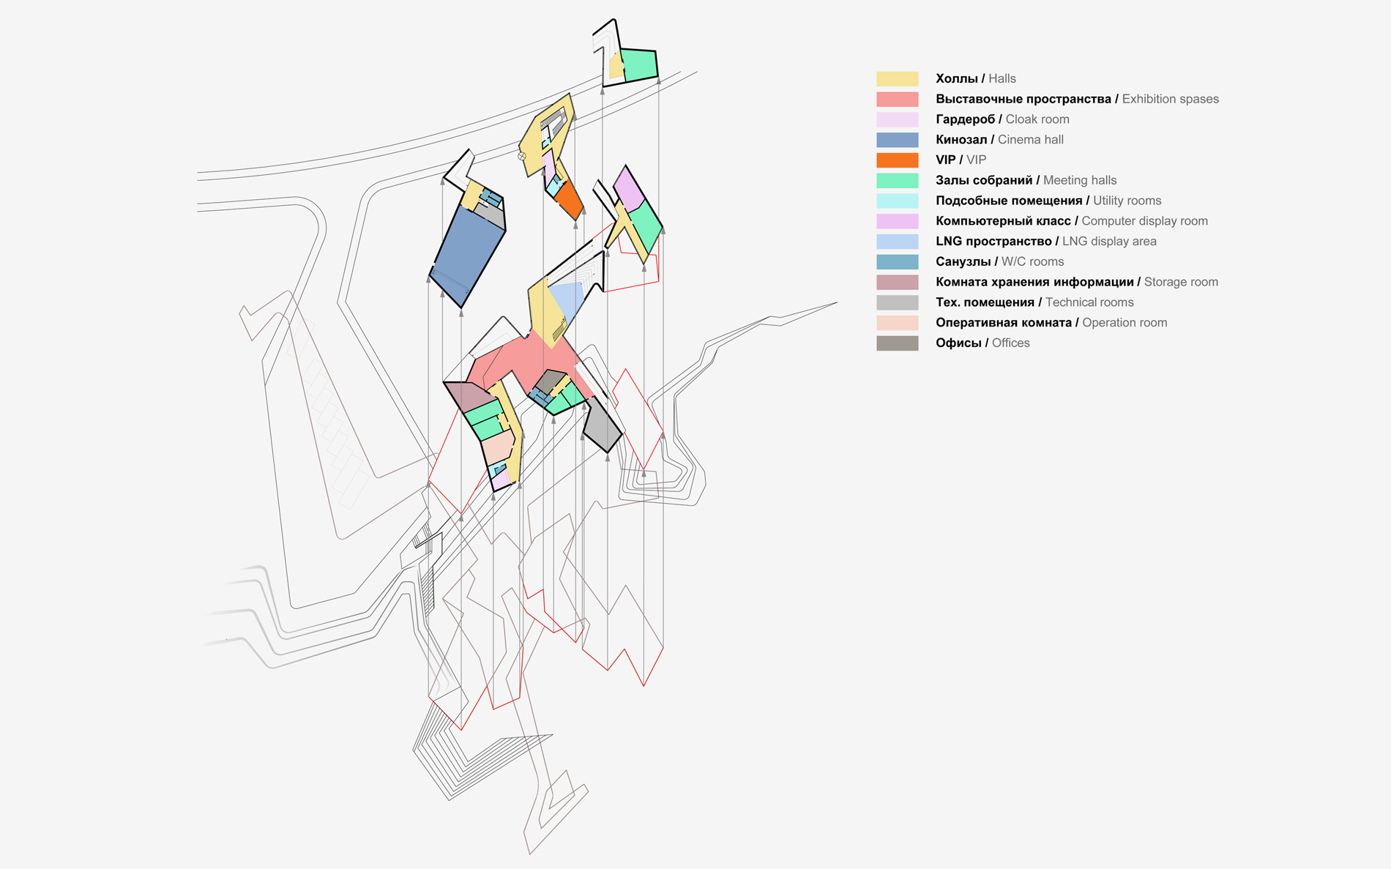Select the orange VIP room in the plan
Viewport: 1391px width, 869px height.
coord(569,199)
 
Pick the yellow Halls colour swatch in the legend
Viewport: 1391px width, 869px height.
coord(897,79)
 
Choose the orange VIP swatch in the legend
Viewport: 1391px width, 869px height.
coord(897,160)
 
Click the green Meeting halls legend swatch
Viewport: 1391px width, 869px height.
coord(897,180)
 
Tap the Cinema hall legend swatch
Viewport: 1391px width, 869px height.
coord(897,140)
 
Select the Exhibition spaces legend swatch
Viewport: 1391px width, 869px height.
coord(897,99)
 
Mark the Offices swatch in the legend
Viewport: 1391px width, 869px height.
coord(897,343)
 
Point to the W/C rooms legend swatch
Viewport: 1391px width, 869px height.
coord(897,261)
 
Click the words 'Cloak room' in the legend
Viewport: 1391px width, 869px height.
coord(1037,119)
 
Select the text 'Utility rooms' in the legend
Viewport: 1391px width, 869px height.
coord(1127,201)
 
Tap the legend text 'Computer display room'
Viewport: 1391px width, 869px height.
coord(1144,221)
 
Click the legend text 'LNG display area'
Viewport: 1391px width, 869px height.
coord(1109,242)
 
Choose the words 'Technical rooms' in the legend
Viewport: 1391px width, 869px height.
coord(1089,302)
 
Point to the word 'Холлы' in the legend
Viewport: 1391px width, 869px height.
coord(957,79)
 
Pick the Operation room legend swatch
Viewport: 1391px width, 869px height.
coord(897,323)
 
